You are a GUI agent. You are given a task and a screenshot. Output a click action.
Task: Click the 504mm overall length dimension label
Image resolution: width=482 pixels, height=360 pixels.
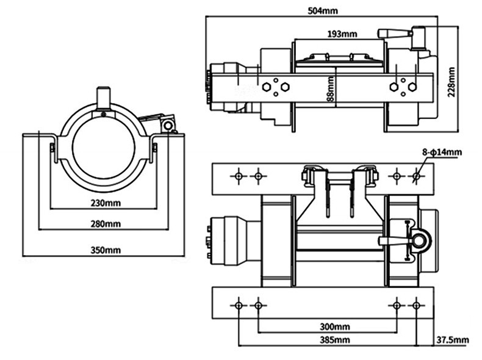tap(323, 11)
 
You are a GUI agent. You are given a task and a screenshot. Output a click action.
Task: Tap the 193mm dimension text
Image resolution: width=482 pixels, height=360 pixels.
tap(342, 34)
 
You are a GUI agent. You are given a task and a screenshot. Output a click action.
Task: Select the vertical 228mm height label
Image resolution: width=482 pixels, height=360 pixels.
tap(451, 82)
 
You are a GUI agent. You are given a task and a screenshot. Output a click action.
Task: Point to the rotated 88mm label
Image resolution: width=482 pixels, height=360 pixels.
tap(330, 89)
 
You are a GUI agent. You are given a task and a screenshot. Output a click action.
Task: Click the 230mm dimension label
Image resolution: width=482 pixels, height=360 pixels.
tap(106, 203)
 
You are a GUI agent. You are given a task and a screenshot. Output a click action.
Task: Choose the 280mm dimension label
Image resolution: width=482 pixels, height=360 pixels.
tap(106, 223)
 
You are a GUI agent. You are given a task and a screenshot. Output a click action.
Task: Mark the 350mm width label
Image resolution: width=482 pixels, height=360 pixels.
tap(106, 250)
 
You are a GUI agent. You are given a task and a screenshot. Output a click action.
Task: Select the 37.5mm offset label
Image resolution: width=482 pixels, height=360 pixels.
tap(453, 340)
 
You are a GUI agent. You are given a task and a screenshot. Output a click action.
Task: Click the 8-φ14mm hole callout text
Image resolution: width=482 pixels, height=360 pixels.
tap(442, 152)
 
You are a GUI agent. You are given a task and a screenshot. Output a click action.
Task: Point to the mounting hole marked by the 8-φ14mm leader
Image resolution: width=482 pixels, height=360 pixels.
tap(416, 176)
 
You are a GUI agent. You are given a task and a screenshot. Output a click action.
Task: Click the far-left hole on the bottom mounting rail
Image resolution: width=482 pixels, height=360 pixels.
tap(239, 305)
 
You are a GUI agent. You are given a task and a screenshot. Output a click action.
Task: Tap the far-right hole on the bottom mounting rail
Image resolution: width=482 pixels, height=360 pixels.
tap(416, 305)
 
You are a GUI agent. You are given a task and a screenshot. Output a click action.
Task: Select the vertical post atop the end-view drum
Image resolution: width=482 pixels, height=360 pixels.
tap(104, 98)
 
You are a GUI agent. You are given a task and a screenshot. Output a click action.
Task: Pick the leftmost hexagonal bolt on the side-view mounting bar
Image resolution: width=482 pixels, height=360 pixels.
tap(266, 87)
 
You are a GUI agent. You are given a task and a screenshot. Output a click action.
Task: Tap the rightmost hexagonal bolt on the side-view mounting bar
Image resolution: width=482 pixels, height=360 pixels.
tap(412, 87)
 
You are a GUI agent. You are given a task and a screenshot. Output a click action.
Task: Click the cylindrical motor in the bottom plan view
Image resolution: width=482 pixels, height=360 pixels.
tap(235, 241)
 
